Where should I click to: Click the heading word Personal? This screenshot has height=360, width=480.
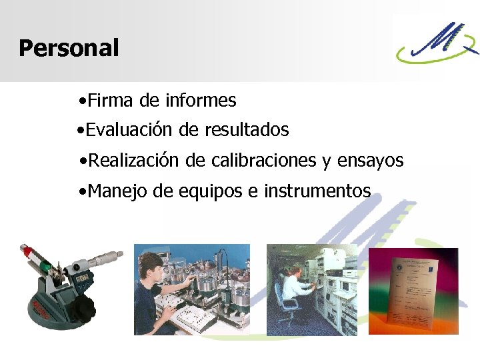[x=69, y=48]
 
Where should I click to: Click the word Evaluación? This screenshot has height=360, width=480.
[x=130, y=129]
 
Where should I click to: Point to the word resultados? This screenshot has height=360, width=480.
[x=247, y=129]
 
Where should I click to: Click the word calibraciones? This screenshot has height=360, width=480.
[x=263, y=161]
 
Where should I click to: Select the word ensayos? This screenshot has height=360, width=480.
[x=371, y=161]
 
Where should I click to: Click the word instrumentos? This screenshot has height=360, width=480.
[x=317, y=191]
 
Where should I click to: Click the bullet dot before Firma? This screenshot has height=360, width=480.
[x=81, y=102]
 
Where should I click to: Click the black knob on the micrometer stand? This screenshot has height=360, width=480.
[x=84, y=308]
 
